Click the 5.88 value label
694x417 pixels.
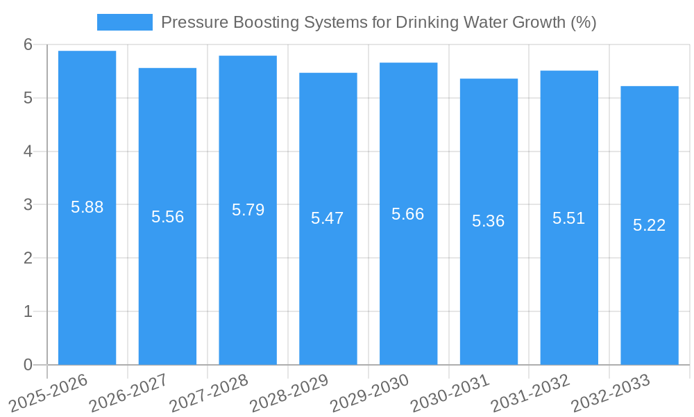click(87, 207)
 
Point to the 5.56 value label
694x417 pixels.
click(167, 217)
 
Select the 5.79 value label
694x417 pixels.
click(248, 210)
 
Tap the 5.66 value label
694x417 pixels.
click(408, 214)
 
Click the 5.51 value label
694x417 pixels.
click(568, 218)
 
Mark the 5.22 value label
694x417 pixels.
click(649, 225)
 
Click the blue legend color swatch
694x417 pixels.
click(125, 22)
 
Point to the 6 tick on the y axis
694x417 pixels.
click(28, 44)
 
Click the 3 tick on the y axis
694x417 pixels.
click(28, 205)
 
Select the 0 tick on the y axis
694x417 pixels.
click(28, 365)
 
